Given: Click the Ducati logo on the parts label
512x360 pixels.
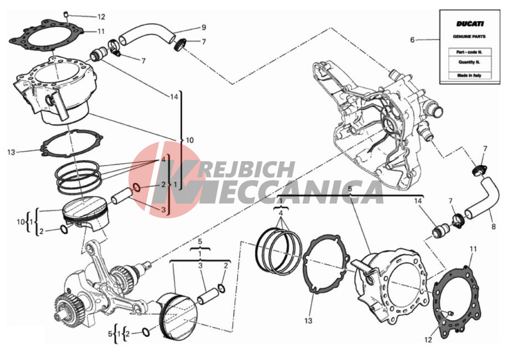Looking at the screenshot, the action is tap(470, 24).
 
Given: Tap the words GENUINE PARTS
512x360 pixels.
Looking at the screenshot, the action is tap(469, 37).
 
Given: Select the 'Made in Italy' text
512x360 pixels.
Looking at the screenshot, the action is tap(469, 75).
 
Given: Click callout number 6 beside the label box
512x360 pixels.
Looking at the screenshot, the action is tap(412, 40).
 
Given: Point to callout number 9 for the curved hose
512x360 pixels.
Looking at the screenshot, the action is tap(204, 28).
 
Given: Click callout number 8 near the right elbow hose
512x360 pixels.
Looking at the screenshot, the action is tap(493, 226).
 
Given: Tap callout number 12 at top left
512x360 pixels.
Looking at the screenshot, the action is tap(101, 17).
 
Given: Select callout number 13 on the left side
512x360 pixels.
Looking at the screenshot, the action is tap(11, 152).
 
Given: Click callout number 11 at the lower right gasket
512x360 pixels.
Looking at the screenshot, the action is tap(473, 249).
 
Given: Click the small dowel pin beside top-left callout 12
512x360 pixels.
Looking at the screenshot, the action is tap(65, 14).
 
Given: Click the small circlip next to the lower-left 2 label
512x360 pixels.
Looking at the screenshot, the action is tap(146, 332).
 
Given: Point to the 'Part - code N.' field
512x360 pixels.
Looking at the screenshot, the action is tap(469, 52).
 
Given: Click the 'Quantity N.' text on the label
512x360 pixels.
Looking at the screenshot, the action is tap(469, 62).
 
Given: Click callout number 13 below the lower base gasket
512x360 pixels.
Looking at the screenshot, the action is tap(308, 321).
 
